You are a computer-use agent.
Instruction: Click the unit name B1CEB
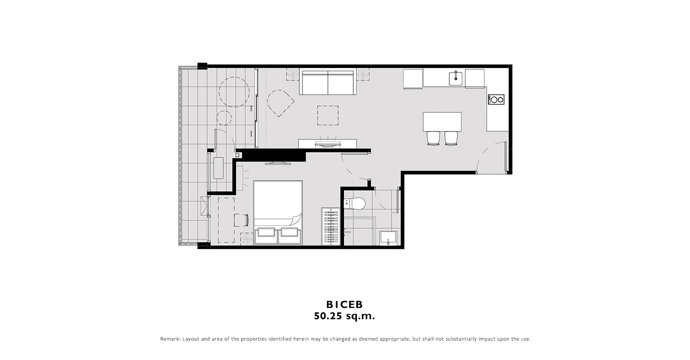344,304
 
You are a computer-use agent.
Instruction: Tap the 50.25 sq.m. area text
344,316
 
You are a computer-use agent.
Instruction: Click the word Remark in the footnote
170,339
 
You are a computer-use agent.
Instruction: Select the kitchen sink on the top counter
455,78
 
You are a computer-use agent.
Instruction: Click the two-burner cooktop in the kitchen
496,100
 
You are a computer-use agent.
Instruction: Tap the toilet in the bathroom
355,204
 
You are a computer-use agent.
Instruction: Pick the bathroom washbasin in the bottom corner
388,238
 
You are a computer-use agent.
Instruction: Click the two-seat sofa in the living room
328,83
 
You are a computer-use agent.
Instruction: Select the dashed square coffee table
328,116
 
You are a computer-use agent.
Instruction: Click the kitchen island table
442,122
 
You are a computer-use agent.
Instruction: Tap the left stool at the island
433,138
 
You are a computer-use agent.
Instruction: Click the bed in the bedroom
278,213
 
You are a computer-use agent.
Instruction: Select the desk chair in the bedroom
241,220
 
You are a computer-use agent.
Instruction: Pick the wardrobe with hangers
331,226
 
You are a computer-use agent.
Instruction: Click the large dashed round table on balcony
234,92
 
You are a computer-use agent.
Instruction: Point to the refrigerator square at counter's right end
475,79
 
